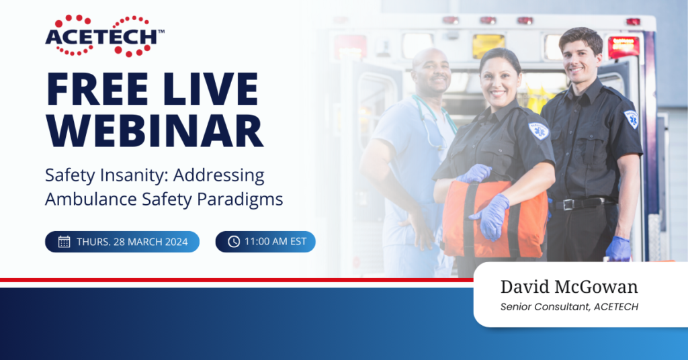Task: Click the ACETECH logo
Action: click(x=105, y=36)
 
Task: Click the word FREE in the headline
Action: click(x=97, y=89)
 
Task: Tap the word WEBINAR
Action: click(x=155, y=131)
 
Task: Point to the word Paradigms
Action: click(x=240, y=200)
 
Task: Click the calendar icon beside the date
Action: click(x=64, y=242)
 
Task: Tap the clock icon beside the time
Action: click(x=234, y=242)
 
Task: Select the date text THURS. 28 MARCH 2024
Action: click(x=132, y=242)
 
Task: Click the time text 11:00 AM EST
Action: click(x=275, y=242)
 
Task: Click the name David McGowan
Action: click(x=569, y=287)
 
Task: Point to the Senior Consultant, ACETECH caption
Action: click(x=569, y=307)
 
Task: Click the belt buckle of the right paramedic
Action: click(x=568, y=204)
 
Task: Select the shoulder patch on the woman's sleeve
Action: click(x=539, y=131)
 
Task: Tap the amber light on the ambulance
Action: click(x=488, y=46)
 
